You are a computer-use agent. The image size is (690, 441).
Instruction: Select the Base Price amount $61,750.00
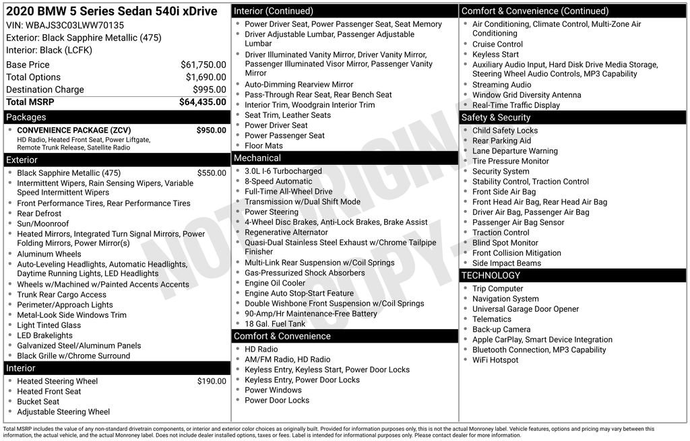click(x=203, y=65)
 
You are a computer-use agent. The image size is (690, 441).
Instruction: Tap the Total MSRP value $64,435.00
click(x=202, y=102)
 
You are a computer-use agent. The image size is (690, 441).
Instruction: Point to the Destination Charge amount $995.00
click(x=209, y=90)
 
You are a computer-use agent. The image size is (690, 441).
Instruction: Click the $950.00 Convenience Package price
click(x=211, y=130)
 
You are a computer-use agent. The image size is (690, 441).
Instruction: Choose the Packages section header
click(x=26, y=117)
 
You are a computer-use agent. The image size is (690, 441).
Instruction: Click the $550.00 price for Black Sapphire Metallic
click(x=212, y=173)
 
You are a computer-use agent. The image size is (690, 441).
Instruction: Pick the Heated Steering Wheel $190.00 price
click(x=212, y=381)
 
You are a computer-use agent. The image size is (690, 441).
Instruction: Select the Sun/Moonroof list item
click(x=43, y=224)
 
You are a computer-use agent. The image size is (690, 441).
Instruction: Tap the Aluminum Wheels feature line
click(x=49, y=255)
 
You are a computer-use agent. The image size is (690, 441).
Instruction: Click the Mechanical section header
click(x=257, y=158)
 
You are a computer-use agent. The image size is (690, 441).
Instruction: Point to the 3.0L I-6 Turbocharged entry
click(x=283, y=171)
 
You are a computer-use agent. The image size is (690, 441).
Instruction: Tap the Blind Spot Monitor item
click(x=505, y=242)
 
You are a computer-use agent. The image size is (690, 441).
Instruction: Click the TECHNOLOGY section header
click(x=491, y=275)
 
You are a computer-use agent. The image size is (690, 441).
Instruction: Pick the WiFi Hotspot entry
click(x=495, y=360)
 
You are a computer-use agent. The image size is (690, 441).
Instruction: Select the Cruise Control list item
click(x=497, y=44)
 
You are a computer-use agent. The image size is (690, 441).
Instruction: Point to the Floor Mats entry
click(x=264, y=145)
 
